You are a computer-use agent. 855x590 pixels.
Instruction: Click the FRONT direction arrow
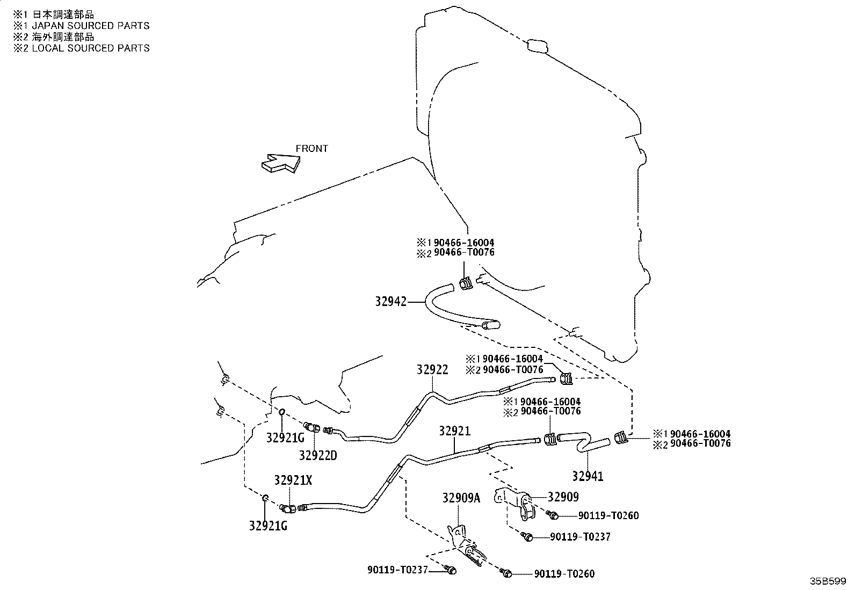point(281,163)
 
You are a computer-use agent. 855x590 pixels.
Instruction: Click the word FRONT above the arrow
point(312,149)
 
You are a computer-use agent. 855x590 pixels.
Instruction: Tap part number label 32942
point(390,302)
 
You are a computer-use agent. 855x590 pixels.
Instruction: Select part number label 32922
point(432,369)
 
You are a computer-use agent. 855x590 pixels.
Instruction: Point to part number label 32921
point(454,431)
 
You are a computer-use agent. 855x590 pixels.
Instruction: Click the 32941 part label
point(588,476)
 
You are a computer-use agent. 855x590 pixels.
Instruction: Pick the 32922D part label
point(318,455)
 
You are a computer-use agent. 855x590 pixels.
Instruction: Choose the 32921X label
point(293,480)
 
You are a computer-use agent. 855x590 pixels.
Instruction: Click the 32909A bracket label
point(461,498)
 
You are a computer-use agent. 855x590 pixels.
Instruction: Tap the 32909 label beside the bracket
point(563,497)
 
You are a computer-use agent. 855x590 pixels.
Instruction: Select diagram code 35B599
point(828,581)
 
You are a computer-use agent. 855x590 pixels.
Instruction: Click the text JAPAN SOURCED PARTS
point(91,26)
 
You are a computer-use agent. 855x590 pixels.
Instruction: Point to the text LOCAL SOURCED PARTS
point(91,48)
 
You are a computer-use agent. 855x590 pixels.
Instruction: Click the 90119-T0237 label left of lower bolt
point(397,570)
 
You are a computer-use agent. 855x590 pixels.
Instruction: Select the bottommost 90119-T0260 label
point(564,573)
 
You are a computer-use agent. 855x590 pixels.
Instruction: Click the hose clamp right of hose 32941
point(621,437)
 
